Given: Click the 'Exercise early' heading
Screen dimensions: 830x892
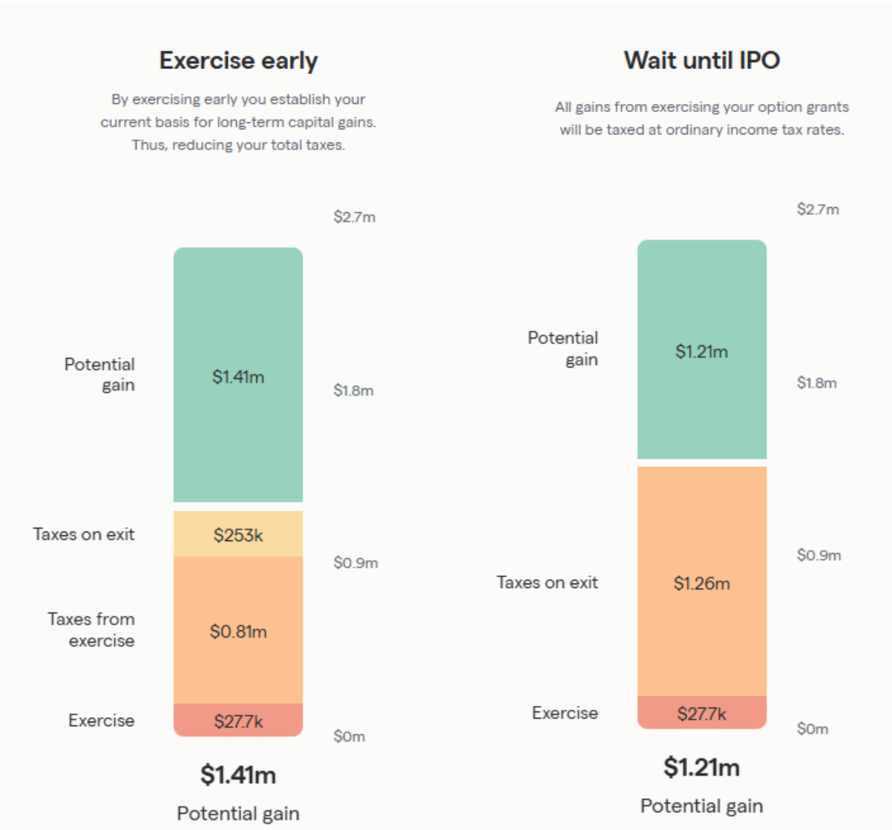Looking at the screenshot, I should pos(238,60).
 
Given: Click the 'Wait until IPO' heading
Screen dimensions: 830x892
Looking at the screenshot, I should pos(701,60).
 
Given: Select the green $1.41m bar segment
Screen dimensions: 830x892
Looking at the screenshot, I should pos(238,375).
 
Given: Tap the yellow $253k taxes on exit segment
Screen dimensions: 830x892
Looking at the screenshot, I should pos(238,535).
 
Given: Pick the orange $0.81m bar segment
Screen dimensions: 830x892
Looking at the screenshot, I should pos(238,631).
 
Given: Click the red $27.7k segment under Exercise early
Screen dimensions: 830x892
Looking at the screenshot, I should pos(238,721).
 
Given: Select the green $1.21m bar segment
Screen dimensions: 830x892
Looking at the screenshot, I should pos(701,350).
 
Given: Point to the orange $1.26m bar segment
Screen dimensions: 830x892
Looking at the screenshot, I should pos(701,583).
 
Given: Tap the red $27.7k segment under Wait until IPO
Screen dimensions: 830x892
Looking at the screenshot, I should pos(701,713).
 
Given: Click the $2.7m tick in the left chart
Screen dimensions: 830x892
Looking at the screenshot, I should pos(354,217).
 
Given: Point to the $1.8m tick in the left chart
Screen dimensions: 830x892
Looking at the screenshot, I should pos(353,391).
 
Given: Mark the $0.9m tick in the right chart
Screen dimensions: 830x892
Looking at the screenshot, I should pos(819,555).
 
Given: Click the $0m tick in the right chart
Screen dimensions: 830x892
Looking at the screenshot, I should pos(812,729).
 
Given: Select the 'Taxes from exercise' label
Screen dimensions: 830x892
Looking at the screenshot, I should pos(91,630).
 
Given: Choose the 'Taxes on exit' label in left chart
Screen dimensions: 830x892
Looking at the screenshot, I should pos(84,535).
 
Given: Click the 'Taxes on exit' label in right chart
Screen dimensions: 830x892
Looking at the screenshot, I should pos(547,583).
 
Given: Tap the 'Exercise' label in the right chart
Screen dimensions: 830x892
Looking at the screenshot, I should pos(565,713).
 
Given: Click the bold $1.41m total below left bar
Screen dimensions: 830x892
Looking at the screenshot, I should pos(238,775).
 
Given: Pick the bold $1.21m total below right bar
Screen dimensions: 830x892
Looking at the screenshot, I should pos(701,767).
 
